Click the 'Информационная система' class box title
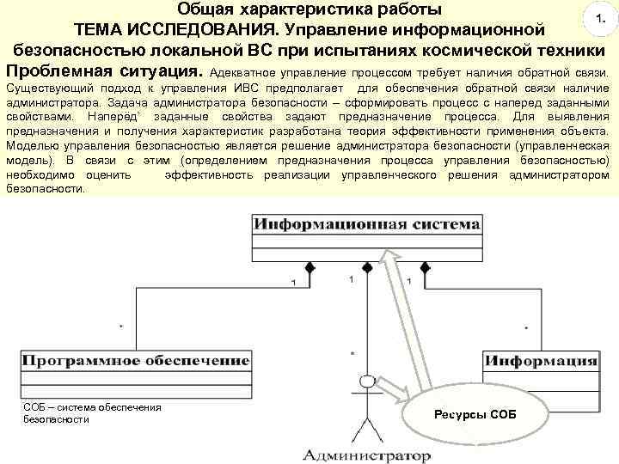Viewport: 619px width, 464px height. pyautogui.click(x=366, y=225)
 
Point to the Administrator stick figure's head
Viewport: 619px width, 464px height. pyautogui.click(x=369, y=381)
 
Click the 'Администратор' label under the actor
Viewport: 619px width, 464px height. pyautogui.click(x=366, y=454)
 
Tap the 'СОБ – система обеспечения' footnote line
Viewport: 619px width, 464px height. pyautogui.click(x=94, y=406)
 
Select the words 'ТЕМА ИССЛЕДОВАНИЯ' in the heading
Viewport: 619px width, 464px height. pyautogui.click(x=180, y=31)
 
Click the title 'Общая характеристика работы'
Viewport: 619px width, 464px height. pyautogui.click(x=311, y=10)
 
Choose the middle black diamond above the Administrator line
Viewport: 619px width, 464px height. pyautogui.click(x=368, y=269)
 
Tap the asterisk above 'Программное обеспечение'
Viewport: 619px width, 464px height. pyautogui.click(x=121, y=327)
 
